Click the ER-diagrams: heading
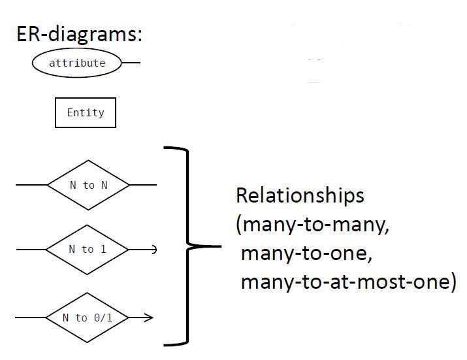(x=78, y=34)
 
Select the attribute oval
(x=77, y=63)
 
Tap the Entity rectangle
(x=86, y=112)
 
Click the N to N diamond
(x=88, y=185)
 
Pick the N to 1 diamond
(x=87, y=249)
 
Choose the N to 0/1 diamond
(x=87, y=318)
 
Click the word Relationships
(x=300, y=195)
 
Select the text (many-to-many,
(x=312, y=225)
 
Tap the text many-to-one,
(x=306, y=254)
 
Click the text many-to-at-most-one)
(x=348, y=282)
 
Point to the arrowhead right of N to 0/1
(x=149, y=318)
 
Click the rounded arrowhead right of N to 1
(x=153, y=249)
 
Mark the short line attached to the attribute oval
(x=131, y=63)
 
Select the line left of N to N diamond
(x=31, y=185)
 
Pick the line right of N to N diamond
(x=143, y=185)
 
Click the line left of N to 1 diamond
(x=31, y=249)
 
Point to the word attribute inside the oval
(x=77, y=63)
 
